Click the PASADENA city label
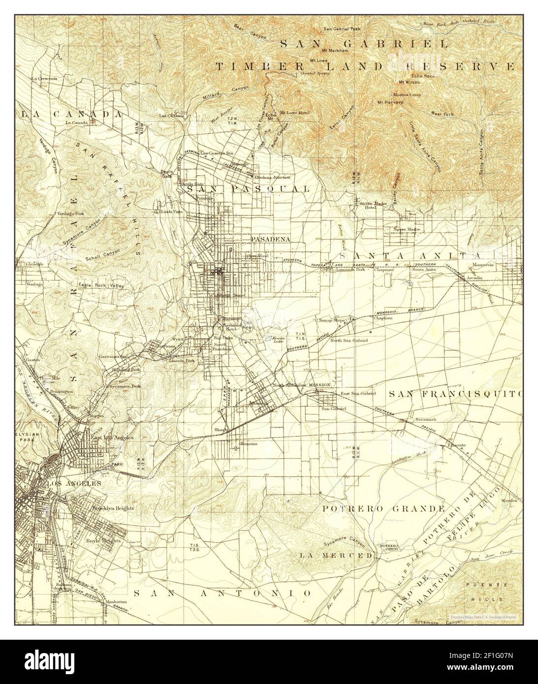270,239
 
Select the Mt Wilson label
408,82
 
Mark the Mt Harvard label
390,102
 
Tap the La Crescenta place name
44,78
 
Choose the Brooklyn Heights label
113,507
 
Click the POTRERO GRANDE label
384,508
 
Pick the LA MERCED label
336,555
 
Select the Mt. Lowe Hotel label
294,113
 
